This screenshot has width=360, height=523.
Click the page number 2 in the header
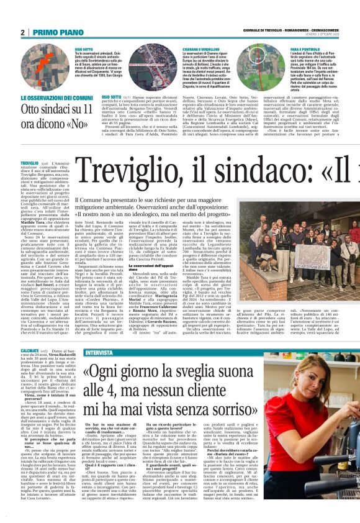22,32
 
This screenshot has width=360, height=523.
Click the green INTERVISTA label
99,352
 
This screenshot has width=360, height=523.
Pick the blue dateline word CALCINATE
29,350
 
